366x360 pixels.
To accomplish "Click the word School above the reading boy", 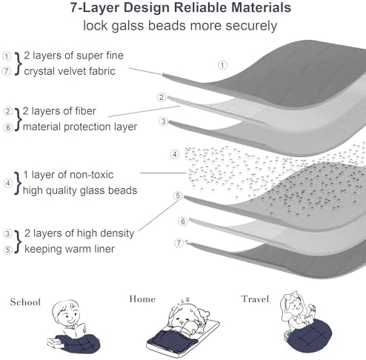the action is [x=25, y=302].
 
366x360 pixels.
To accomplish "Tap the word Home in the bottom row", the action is [x=142, y=299].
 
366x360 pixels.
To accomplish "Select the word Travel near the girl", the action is [x=255, y=299].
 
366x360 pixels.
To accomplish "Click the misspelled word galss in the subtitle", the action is [x=127, y=26].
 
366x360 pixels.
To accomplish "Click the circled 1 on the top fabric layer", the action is [x=222, y=65].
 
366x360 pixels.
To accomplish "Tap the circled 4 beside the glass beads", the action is [x=175, y=155].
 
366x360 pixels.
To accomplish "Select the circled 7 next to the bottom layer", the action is [x=179, y=243].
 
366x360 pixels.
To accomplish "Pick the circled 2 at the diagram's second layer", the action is [x=162, y=97].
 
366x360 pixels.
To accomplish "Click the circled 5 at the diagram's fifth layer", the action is [x=178, y=196].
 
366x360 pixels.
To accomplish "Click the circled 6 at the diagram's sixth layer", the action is [x=183, y=221].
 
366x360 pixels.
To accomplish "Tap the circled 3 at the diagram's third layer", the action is [x=163, y=121].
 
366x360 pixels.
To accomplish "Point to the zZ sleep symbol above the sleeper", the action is [x=184, y=301].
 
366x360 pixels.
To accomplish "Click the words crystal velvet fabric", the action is [x=70, y=71].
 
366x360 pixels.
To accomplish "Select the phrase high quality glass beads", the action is [x=80, y=190].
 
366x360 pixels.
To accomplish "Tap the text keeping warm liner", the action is [x=70, y=249].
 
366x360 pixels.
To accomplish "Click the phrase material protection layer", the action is [x=80, y=127].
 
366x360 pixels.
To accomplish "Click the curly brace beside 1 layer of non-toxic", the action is [x=18, y=183].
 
